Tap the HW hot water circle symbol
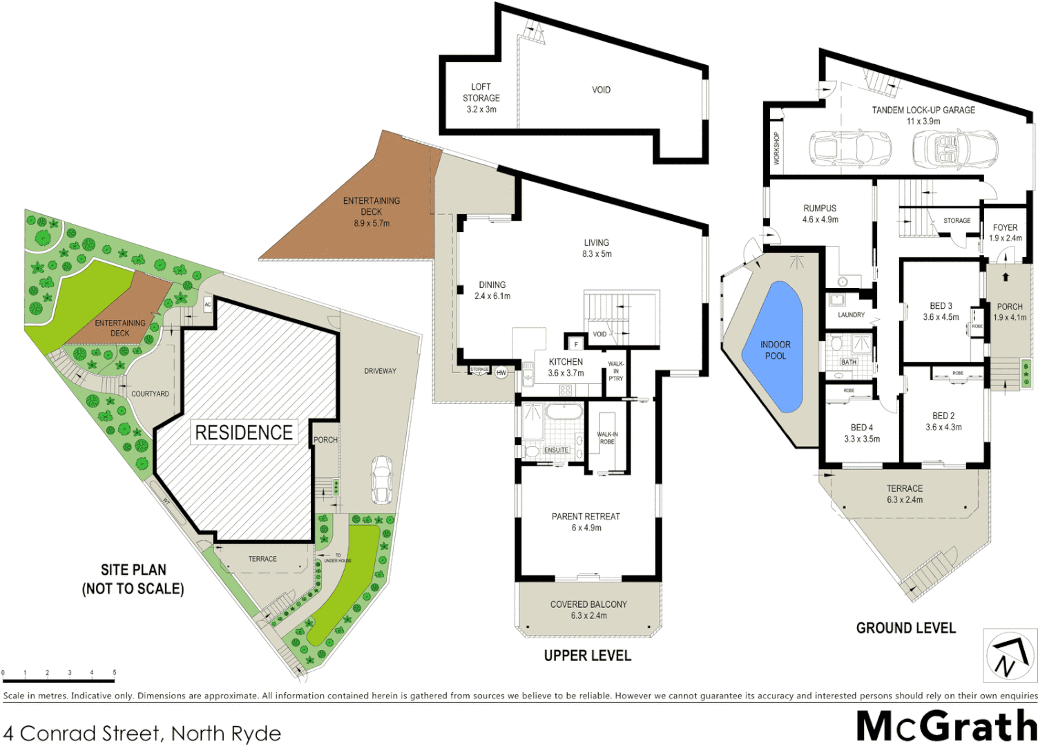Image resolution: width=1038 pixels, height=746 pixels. click(x=501, y=373)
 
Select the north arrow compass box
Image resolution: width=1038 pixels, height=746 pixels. click(x=1010, y=655)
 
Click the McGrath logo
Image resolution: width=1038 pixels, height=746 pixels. click(x=946, y=726)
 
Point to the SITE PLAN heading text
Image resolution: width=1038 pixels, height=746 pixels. click(x=133, y=570)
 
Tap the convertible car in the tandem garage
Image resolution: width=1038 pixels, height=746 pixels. click(x=954, y=147)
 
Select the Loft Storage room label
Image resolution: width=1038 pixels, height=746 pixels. click(x=481, y=98)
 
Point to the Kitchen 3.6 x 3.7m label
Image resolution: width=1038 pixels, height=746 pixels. click(x=566, y=367)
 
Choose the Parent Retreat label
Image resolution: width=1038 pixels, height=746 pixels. click(x=586, y=517)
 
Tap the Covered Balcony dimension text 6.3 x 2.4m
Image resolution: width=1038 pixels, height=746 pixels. click(x=588, y=615)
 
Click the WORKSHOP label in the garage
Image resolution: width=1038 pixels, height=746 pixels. click(x=776, y=148)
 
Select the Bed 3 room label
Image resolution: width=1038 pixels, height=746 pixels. click(x=941, y=306)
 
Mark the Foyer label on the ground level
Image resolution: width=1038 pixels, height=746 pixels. click(x=1005, y=227)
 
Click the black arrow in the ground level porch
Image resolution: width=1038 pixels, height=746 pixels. click(x=1006, y=277)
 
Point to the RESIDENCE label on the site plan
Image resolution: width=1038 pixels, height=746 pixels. click(x=244, y=432)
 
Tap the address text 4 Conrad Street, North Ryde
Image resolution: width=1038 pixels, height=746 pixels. click(x=142, y=733)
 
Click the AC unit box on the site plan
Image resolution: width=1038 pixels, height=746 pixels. click(x=208, y=305)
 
